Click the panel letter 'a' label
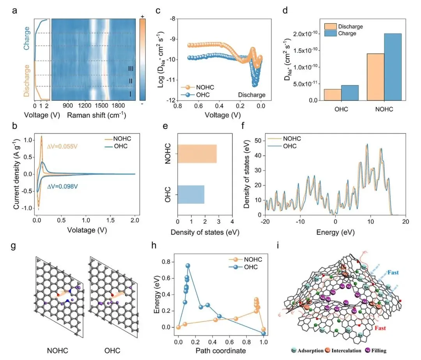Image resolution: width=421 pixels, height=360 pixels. coord(14,11)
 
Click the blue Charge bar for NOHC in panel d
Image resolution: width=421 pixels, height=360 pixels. coord(393,67)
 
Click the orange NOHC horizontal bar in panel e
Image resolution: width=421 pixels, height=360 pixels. coord(197,154)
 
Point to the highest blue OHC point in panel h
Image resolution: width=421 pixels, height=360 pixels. coord(188,266)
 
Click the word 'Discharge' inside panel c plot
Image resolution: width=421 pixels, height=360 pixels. coord(249,95)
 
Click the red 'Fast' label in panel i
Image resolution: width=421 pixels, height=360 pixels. coord(380,328)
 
